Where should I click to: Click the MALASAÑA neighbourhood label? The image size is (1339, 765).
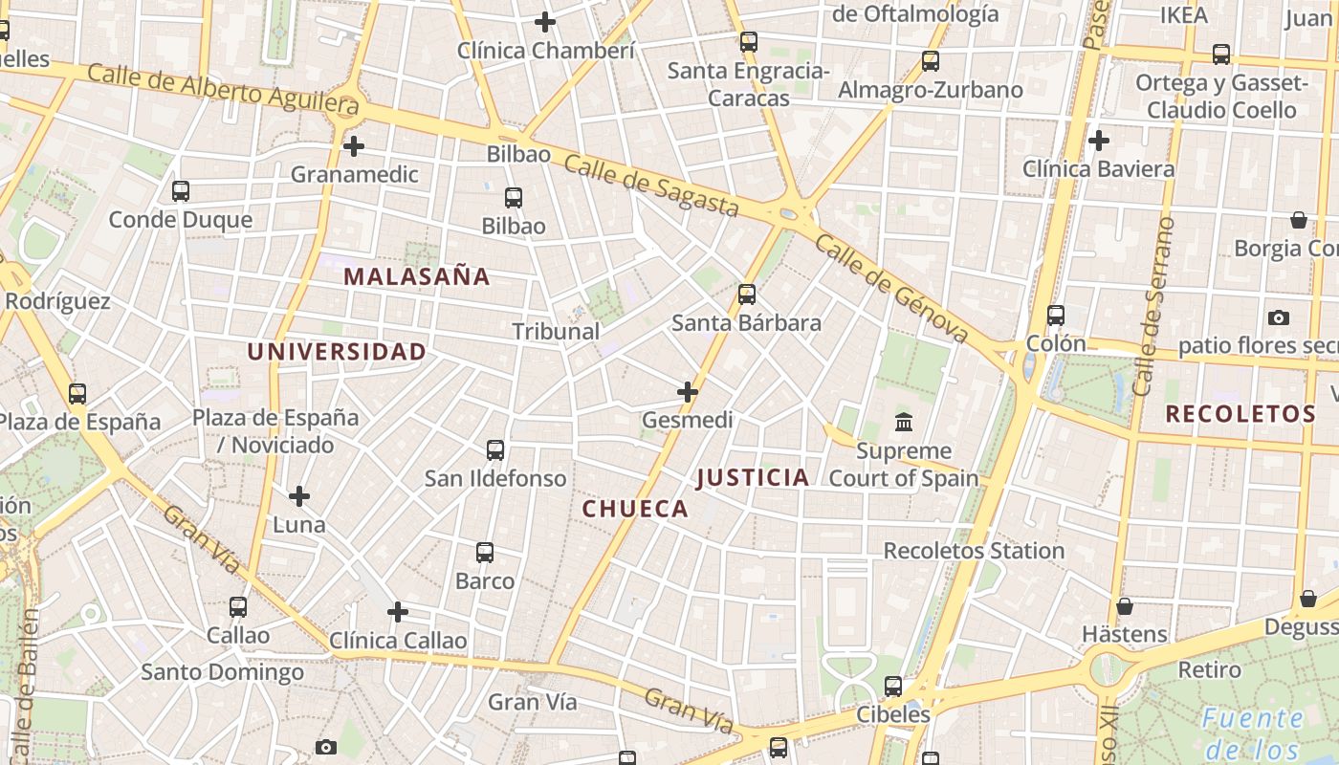416,277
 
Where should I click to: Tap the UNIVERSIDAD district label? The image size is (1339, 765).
337,352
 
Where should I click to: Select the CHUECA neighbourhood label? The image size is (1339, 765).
635,509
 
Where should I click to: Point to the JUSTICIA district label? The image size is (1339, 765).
753,478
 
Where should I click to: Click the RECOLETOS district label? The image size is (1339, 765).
1240,414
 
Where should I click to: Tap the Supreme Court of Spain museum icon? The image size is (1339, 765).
903,422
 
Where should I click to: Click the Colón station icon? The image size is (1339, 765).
1056,315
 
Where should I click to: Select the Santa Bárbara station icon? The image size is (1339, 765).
747,294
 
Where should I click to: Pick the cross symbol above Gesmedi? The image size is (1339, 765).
688,392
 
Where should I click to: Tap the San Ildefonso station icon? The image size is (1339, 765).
495,449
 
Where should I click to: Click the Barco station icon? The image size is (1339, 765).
485,552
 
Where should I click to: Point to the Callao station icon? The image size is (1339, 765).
238,606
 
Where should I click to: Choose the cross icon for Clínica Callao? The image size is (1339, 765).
398,612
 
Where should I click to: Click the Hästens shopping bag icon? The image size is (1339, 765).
1125,606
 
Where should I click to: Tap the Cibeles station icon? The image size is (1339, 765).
892,686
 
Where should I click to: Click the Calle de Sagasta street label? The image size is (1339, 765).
651,185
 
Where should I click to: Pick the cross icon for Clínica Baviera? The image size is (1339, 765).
1099,141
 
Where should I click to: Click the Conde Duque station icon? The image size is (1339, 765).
181,190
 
